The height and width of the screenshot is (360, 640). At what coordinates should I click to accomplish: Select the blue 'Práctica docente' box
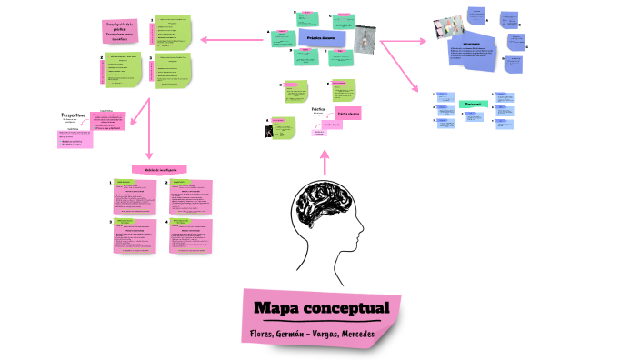322,37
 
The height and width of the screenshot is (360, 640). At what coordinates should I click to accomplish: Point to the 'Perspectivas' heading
73,115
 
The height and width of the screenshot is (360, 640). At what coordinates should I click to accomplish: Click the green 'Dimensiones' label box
473,105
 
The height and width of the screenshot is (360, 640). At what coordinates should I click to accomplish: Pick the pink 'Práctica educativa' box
348,113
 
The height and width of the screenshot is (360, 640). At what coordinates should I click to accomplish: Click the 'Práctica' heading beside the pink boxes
318,108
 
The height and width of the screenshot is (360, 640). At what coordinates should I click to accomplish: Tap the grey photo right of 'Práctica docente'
365,39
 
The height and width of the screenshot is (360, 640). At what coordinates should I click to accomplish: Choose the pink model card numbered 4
189,235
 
